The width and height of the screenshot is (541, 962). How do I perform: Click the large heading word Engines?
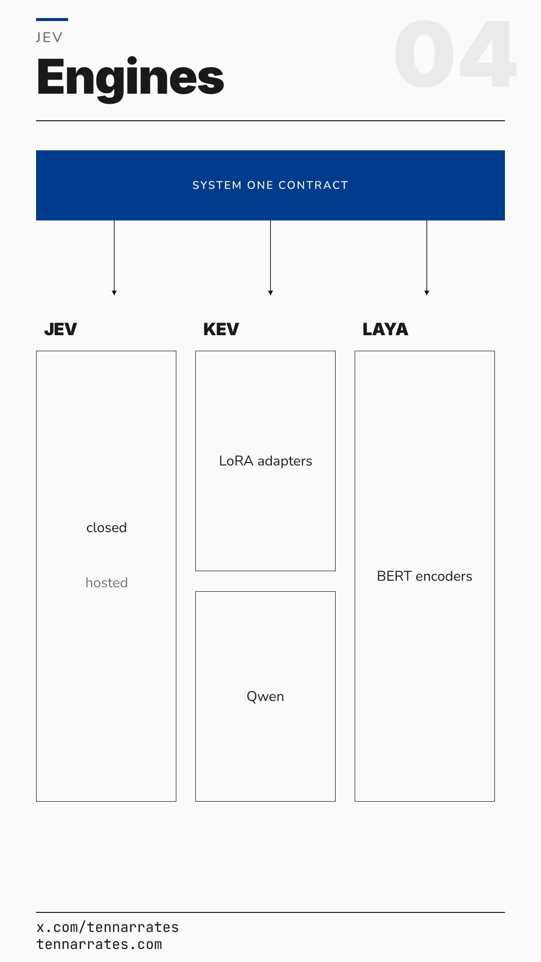(130, 79)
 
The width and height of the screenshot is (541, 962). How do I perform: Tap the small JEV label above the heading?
(49, 38)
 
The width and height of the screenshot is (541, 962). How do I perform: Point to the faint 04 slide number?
(455, 54)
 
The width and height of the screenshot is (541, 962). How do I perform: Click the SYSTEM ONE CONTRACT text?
(270, 185)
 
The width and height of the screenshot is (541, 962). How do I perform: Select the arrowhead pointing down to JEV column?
(114, 293)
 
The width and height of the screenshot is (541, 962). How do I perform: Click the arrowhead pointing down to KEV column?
(270, 293)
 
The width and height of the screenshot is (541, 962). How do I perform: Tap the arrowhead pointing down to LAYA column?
(427, 293)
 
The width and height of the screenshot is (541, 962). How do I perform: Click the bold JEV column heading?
(61, 329)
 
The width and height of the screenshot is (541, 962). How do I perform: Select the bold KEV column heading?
(221, 329)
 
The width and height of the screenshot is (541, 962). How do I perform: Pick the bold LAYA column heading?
(385, 329)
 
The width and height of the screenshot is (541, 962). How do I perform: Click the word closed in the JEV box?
(106, 528)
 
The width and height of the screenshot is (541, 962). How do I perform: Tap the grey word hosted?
(106, 583)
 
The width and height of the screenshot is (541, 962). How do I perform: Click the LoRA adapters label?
(265, 461)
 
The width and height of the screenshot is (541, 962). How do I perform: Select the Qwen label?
(265, 696)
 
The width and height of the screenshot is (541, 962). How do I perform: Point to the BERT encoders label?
(425, 576)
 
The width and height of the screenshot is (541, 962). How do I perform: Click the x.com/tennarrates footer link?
(108, 927)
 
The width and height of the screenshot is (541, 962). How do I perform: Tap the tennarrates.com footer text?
(99, 944)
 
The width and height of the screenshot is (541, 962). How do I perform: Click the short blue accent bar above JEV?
(52, 20)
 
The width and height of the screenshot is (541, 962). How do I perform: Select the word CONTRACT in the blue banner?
(313, 185)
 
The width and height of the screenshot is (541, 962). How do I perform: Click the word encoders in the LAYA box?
(444, 576)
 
